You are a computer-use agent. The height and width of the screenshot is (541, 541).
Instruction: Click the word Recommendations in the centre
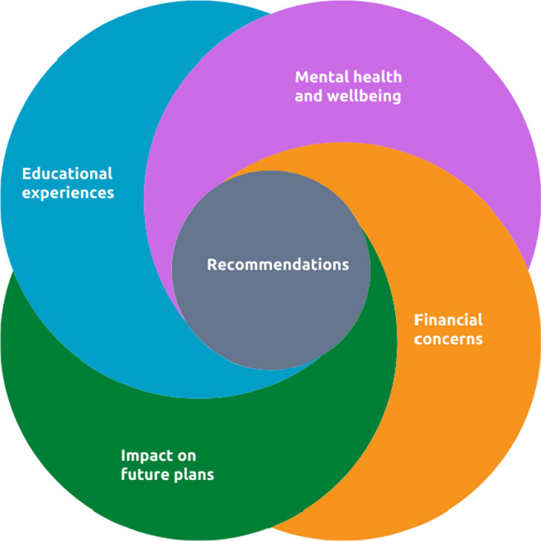pos(277,265)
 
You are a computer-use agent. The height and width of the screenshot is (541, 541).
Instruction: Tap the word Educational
pos(67,173)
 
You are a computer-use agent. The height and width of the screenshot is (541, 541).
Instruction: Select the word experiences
pos(68,192)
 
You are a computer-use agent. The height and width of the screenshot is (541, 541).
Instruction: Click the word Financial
pos(448,319)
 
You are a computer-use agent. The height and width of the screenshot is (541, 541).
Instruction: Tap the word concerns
pos(448,339)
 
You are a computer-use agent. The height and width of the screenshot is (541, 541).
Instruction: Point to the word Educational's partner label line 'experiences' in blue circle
pos(68,192)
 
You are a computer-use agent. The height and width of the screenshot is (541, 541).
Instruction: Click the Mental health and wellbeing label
pos(348,87)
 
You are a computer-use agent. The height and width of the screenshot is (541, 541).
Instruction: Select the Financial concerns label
pos(448,329)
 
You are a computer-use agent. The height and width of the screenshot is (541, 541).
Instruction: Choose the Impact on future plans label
pos(167,465)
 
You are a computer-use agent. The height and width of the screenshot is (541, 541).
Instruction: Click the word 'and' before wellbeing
pos(309,97)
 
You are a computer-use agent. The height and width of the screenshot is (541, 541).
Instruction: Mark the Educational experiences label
pos(67,183)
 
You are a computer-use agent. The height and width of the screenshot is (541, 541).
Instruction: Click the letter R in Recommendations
pos(212,265)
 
